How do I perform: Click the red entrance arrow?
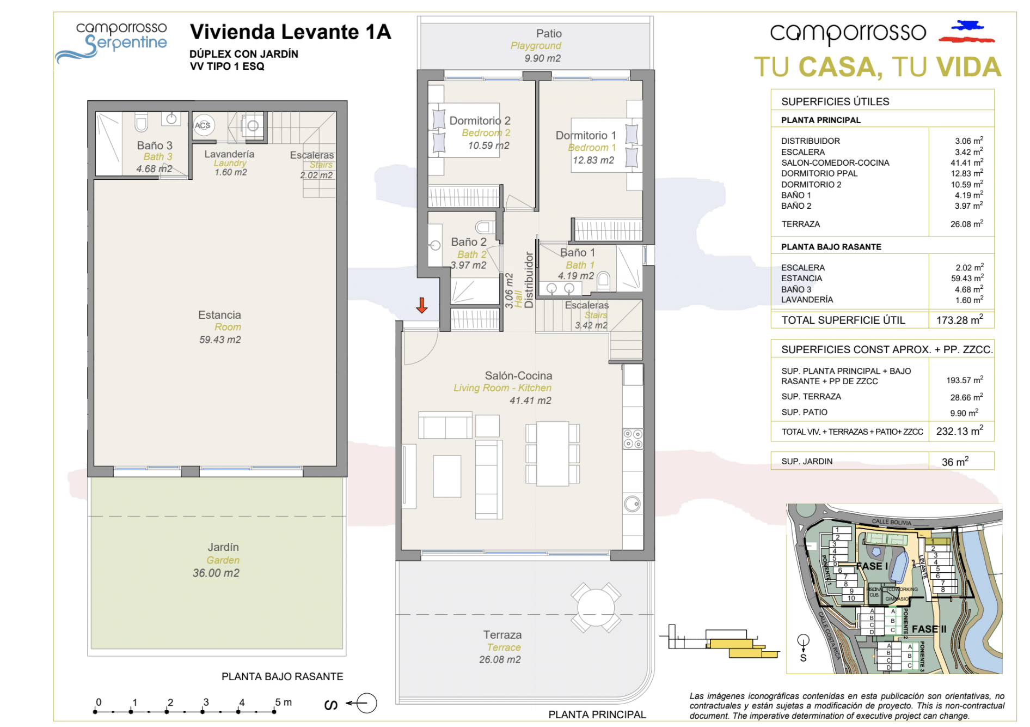tap(421, 306)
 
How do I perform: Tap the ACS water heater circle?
tap(203, 125)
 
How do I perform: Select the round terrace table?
tap(596, 607)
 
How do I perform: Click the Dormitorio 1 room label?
tap(586, 135)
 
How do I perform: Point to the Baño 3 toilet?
tap(142, 122)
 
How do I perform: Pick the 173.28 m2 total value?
tap(959, 320)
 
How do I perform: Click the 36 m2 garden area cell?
tap(955, 462)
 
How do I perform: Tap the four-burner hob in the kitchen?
tap(633, 439)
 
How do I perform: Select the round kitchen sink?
tap(632, 504)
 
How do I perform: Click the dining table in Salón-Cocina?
tap(553, 453)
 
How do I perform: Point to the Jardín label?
tap(223, 547)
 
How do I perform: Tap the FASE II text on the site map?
tap(929, 629)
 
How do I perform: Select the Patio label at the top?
tap(548, 34)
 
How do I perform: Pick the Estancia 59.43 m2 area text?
tap(220, 340)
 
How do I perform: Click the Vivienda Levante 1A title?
tap(290, 32)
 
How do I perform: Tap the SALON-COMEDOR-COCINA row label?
tap(835, 162)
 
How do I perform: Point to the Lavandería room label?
tap(229, 154)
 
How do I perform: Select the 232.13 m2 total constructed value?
tap(959, 431)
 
